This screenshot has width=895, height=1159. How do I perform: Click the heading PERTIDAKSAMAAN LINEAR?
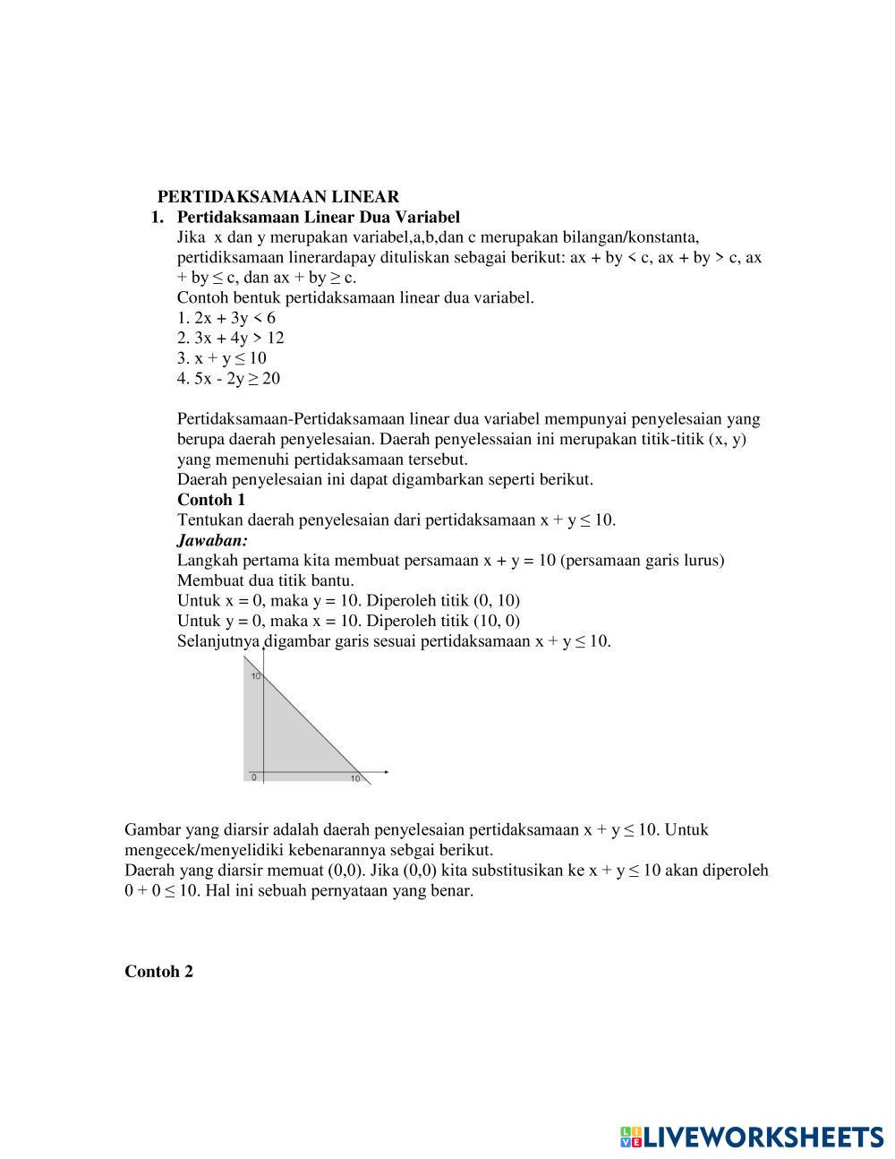[x=278, y=196]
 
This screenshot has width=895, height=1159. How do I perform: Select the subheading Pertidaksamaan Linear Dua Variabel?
[x=318, y=217]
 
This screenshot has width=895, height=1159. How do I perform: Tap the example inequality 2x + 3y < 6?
[x=226, y=318]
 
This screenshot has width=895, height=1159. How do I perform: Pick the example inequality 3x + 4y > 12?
[x=231, y=338]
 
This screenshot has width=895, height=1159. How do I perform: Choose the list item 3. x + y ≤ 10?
[x=222, y=358]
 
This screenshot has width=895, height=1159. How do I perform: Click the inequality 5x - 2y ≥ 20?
[x=228, y=378]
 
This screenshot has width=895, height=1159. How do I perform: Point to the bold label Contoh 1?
[x=211, y=500]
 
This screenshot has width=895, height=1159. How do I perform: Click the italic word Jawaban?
[x=212, y=540]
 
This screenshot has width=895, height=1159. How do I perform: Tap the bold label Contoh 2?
[x=158, y=972]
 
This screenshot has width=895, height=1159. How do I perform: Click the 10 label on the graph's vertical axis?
[x=255, y=676]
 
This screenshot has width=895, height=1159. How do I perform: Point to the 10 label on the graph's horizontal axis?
[x=355, y=779]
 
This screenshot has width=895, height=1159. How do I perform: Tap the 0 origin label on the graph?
[x=254, y=777]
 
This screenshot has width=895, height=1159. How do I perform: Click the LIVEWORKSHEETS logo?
[x=752, y=1137]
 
